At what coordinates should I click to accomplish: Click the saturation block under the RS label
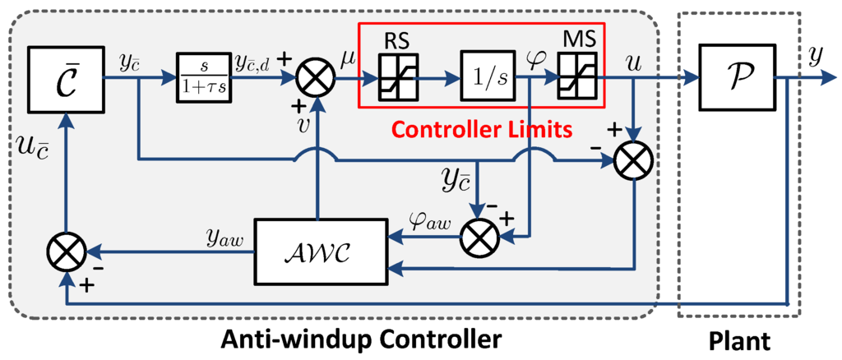pos(399,78)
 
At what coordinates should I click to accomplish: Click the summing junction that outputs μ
pos(314,79)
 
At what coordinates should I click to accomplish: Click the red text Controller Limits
pos(480,129)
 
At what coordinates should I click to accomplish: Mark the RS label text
pos(399,39)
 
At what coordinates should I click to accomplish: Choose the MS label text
pos(580,39)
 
